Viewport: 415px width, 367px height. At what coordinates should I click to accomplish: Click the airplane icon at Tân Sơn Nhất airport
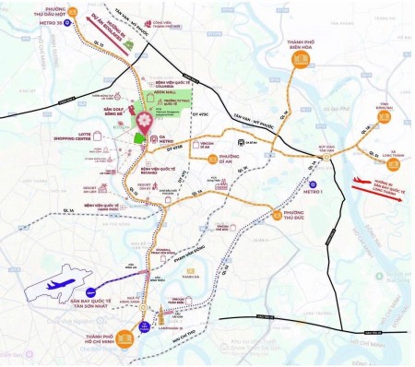56,287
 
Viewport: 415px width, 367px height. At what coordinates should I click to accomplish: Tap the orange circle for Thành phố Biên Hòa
301,63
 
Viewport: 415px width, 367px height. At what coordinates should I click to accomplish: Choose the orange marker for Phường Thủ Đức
273,218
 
